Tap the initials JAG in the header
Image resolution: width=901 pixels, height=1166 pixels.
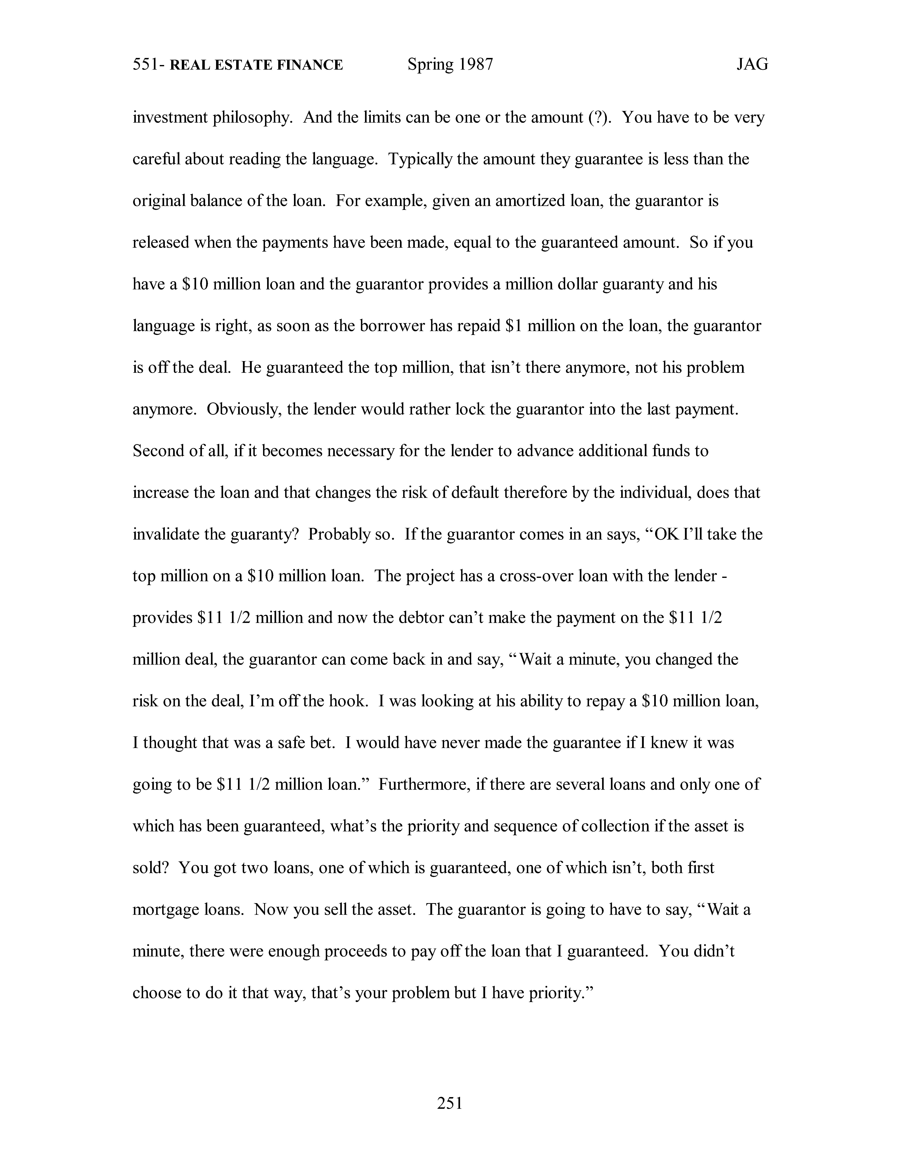[752, 65]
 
